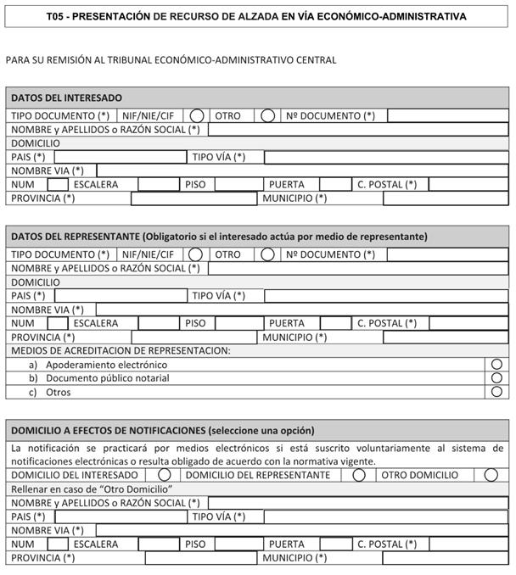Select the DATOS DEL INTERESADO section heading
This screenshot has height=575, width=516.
point(66,98)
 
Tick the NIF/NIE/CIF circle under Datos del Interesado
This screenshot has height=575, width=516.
point(197,115)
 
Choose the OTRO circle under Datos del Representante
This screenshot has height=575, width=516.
point(267,254)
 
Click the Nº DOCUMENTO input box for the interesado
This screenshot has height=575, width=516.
point(447,115)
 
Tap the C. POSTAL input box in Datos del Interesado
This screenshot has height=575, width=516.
point(468,184)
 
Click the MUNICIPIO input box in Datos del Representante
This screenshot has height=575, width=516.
point(446,337)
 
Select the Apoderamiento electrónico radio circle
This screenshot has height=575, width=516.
point(496,365)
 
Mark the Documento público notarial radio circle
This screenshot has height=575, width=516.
point(496,378)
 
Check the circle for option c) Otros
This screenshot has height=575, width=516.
point(496,392)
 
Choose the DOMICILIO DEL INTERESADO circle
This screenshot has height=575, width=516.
point(165,475)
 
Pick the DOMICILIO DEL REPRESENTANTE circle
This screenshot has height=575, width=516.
point(359,475)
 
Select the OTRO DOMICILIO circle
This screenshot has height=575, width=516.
point(491,475)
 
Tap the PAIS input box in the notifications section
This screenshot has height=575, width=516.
point(121,516)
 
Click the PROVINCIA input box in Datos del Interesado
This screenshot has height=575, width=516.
point(193,198)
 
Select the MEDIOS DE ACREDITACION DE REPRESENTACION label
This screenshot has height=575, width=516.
point(121,350)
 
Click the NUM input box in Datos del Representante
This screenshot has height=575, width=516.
point(58,323)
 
